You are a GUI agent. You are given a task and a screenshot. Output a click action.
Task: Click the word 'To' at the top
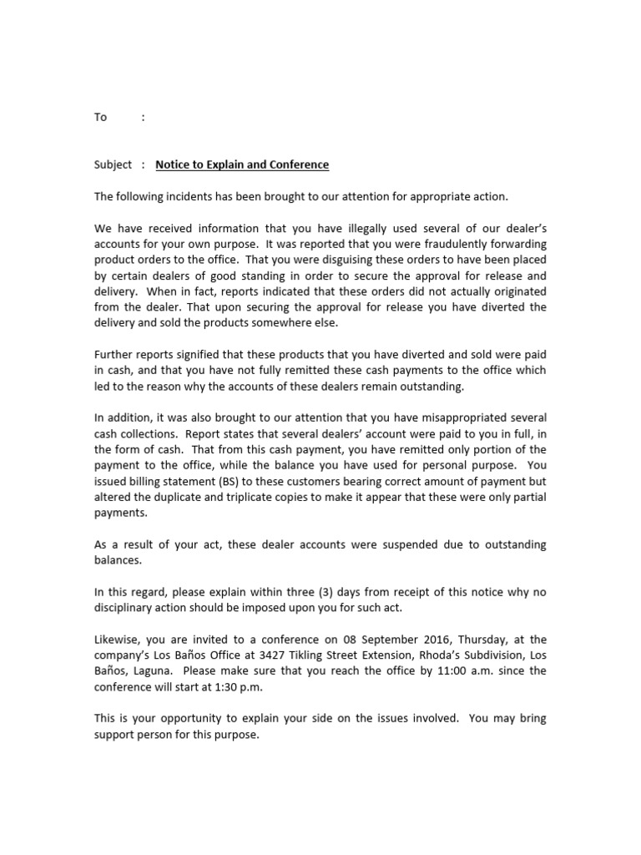pos(100,118)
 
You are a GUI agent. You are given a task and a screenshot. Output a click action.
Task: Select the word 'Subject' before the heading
pos(113,165)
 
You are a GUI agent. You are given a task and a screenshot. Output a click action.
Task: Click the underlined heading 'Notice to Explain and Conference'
pos(242,165)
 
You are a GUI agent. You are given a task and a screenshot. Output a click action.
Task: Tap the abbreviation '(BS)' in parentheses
pos(206,482)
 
